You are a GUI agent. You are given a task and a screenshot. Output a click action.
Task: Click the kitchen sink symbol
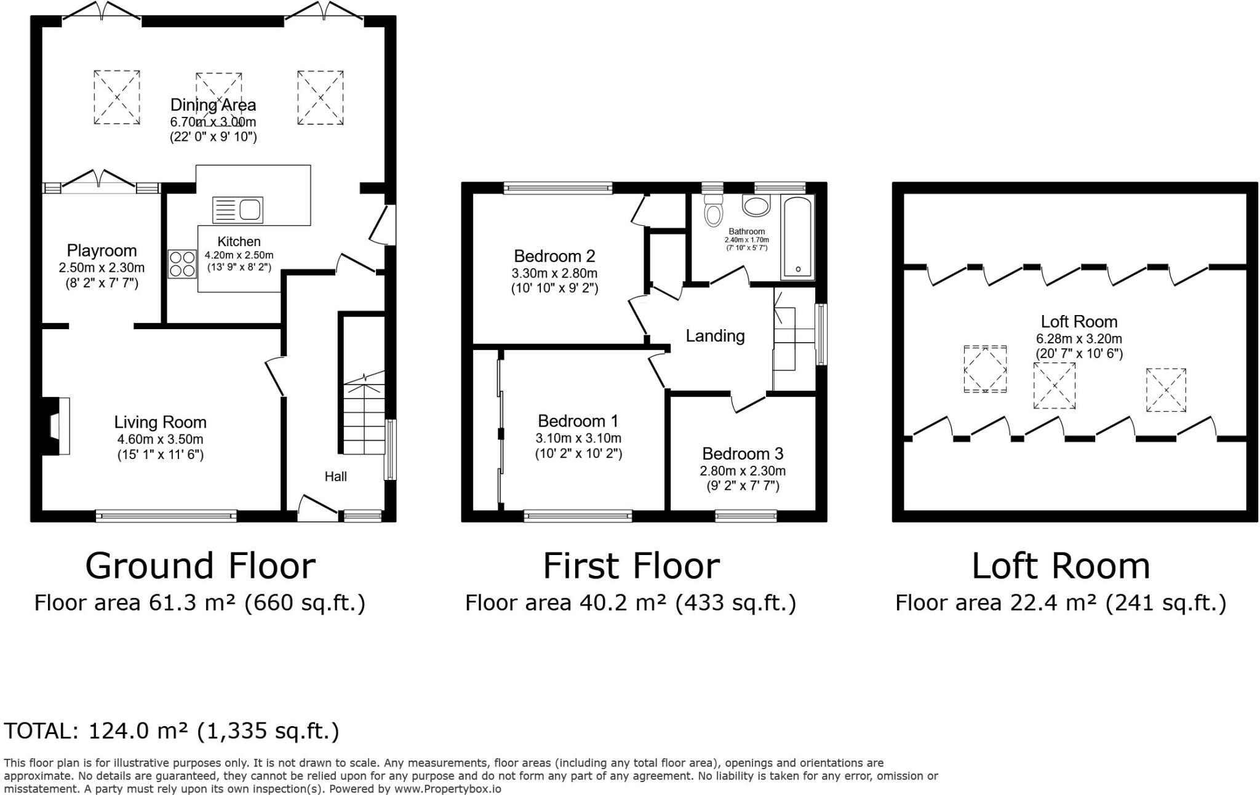point(237,210)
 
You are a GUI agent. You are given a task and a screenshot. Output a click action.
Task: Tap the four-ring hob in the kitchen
point(181,263)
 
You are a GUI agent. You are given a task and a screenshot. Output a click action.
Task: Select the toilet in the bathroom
point(713,209)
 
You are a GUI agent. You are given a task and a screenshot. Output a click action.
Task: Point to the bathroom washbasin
point(756,206)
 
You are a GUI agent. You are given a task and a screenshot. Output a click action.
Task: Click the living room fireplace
point(55,426)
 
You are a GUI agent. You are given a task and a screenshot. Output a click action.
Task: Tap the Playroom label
point(102,250)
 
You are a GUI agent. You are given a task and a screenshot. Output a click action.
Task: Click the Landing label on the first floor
point(715,336)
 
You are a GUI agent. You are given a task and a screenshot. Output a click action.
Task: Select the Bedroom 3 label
point(743,453)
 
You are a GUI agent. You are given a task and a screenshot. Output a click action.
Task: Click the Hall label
point(336,476)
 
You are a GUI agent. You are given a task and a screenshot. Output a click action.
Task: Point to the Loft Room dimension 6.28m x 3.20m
point(1079,338)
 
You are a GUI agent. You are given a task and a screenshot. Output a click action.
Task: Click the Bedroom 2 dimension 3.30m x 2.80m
point(554,273)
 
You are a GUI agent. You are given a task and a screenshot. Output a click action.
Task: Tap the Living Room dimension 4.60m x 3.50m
point(160,439)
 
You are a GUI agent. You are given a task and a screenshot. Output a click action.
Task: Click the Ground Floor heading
point(201,566)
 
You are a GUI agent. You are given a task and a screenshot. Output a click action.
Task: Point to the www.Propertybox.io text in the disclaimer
point(447,789)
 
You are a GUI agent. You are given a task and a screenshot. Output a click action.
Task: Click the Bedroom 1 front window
point(578,516)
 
